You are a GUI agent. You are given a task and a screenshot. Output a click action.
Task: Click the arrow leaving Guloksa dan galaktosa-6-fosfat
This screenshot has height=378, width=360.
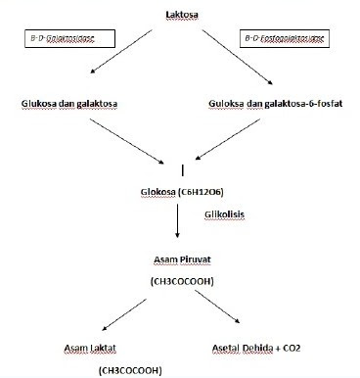coord(234,138)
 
